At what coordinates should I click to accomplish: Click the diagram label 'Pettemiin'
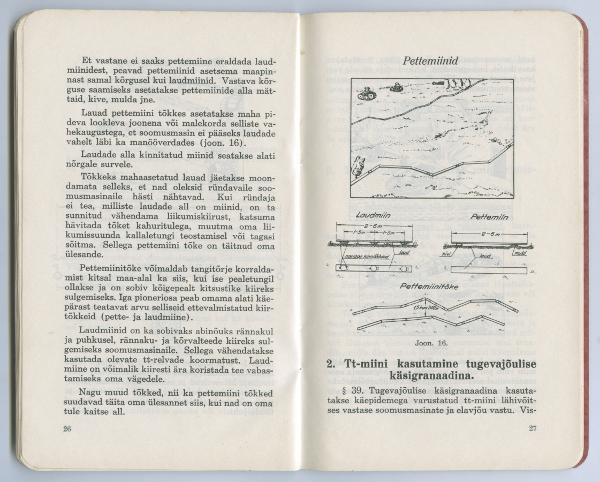click(485, 216)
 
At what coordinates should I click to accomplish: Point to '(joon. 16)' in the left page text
click(219, 142)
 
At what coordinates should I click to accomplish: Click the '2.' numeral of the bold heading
click(331, 363)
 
